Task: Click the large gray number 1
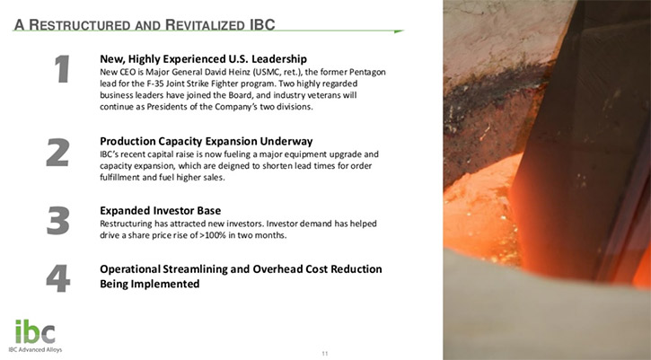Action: [x=62, y=69]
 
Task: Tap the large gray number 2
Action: [x=57, y=153]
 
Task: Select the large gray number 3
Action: [x=57, y=221]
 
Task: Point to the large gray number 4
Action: [x=58, y=278]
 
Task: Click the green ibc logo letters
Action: [x=35, y=332]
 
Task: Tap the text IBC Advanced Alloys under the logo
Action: [x=35, y=349]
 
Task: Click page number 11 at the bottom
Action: [x=325, y=354]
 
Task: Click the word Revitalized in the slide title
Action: [x=206, y=25]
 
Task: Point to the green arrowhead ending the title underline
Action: [x=399, y=31]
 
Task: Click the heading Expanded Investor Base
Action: [x=160, y=210]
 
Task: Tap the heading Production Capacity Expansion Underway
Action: [x=206, y=141]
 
